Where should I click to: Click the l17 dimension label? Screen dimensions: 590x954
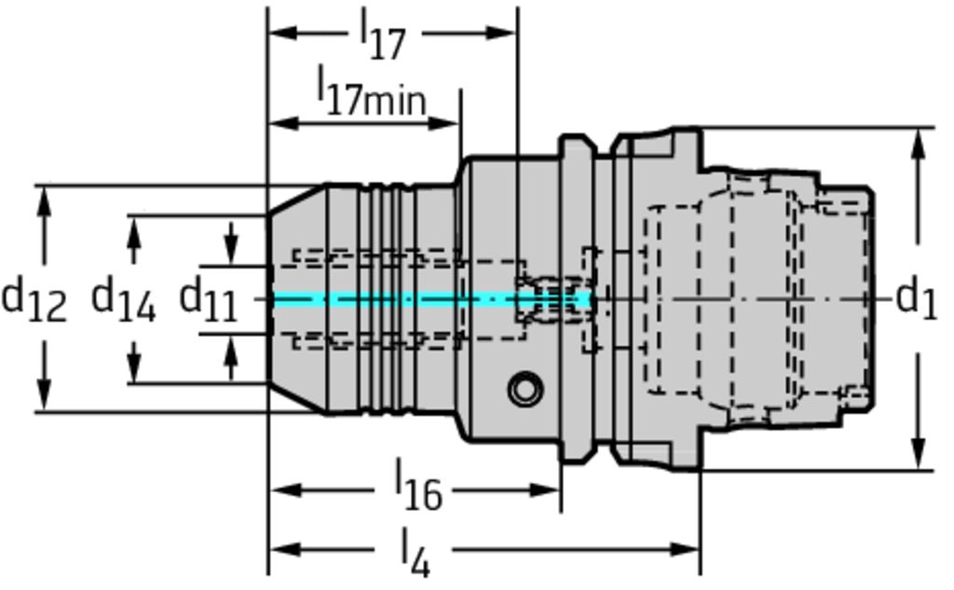pyautogui.click(x=383, y=35)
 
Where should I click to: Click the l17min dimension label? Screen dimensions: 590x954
pyautogui.click(x=371, y=91)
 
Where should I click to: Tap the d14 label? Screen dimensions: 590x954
pyautogui.click(x=123, y=300)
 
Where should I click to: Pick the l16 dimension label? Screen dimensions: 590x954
pyautogui.click(x=418, y=487)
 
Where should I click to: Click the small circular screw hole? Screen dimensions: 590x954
pyautogui.click(x=525, y=389)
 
